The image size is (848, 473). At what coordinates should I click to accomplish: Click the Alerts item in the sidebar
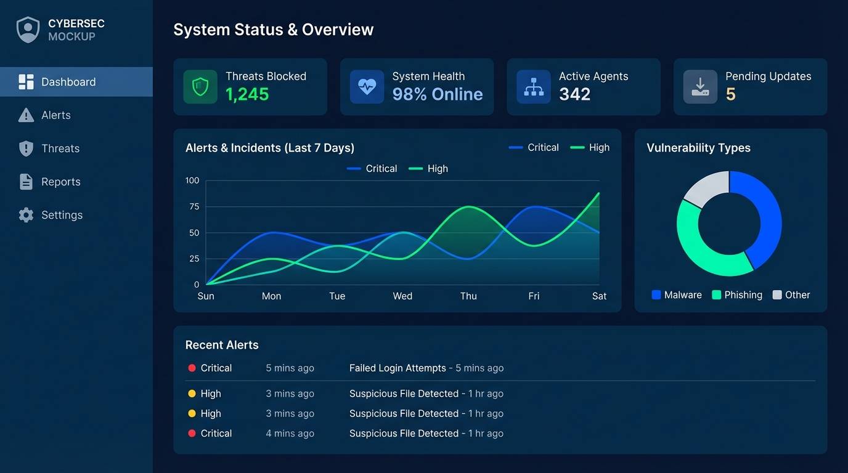tap(55, 115)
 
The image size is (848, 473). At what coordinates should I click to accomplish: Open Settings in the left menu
tap(61, 215)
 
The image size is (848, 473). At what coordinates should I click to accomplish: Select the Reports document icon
tap(26, 182)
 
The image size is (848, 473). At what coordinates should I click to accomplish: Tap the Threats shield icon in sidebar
tap(26, 148)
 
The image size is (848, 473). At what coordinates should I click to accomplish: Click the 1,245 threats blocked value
tap(247, 94)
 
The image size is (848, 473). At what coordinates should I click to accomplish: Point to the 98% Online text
tap(437, 94)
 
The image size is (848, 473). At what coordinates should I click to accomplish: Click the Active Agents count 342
tap(574, 94)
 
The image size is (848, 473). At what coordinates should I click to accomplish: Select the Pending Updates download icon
tap(700, 87)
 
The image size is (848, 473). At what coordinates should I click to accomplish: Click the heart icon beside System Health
tap(367, 87)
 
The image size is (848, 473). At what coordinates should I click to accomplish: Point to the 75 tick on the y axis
tap(194, 206)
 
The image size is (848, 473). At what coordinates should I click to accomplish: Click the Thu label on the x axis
tap(468, 296)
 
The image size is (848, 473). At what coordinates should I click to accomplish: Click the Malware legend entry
tap(676, 295)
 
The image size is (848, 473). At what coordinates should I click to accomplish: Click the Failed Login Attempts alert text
tap(397, 368)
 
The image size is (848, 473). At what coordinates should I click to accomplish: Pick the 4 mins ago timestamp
tap(290, 434)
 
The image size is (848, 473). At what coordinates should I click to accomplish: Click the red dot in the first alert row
tap(192, 368)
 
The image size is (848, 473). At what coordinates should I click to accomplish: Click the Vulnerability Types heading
tap(698, 148)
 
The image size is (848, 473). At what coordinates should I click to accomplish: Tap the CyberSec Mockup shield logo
tap(28, 30)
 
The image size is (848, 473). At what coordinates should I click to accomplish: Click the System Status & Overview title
tap(273, 30)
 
